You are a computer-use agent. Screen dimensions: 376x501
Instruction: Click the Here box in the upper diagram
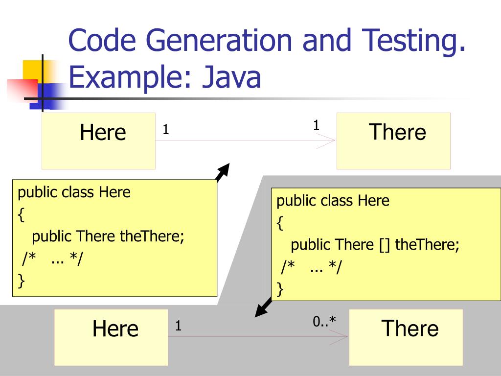(98, 141)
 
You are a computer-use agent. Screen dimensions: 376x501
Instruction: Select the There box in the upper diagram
(393, 141)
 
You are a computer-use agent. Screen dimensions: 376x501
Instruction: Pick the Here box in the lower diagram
(111, 337)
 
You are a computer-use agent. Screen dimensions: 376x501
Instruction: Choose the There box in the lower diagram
(406, 337)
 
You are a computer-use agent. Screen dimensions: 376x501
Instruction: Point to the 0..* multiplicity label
(324, 322)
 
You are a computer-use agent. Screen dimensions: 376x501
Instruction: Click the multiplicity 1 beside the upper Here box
(166, 130)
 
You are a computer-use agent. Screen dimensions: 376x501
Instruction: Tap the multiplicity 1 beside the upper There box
(316, 125)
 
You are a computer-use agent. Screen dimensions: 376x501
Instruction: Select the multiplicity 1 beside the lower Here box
(179, 326)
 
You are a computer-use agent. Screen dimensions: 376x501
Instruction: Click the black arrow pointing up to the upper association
(223, 172)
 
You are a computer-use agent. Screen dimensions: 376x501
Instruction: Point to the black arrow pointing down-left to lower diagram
(264, 307)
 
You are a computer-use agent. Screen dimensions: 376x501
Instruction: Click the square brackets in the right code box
(384, 244)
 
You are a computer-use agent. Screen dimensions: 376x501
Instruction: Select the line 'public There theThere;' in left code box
(108, 236)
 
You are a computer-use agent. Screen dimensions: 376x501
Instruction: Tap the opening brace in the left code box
(21, 214)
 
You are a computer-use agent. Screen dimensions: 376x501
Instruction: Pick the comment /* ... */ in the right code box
(311, 267)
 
